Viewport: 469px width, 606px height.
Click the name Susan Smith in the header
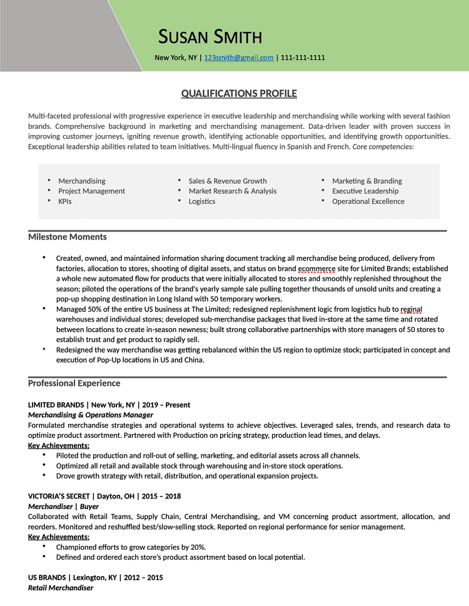tap(210, 36)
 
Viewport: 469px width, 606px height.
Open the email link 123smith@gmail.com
tap(239, 58)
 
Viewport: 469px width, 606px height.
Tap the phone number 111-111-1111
tap(303, 58)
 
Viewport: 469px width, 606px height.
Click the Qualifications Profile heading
tap(239, 94)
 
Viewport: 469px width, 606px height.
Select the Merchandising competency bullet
tap(82, 181)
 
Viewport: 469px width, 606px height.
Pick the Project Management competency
tap(91, 191)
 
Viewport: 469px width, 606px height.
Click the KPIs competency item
tap(65, 201)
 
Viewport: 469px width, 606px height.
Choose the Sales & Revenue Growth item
tap(228, 181)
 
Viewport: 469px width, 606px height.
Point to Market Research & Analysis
tap(233, 191)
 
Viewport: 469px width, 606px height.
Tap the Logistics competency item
tap(202, 201)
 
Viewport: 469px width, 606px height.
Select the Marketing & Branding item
tap(367, 181)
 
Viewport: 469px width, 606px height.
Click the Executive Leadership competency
tap(365, 191)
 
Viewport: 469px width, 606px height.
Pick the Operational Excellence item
tap(368, 201)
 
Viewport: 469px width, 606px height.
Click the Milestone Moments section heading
tap(68, 236)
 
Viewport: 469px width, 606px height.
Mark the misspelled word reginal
tap(411, 309)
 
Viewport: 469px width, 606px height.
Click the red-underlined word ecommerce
tap(316, 268)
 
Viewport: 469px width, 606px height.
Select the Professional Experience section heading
tap(74, 383)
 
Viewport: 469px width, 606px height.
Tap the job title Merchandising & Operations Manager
tap(91, 415)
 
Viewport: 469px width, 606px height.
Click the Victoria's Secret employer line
tap(104, 496)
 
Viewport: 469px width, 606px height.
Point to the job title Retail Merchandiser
tap(61, 588)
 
